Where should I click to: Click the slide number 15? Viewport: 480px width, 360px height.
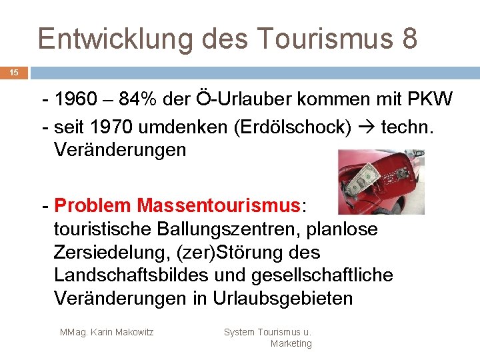coord(14,73)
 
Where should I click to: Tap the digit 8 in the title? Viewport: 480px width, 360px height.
coord(409,39)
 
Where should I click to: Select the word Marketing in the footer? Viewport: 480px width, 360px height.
coord(291,343)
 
